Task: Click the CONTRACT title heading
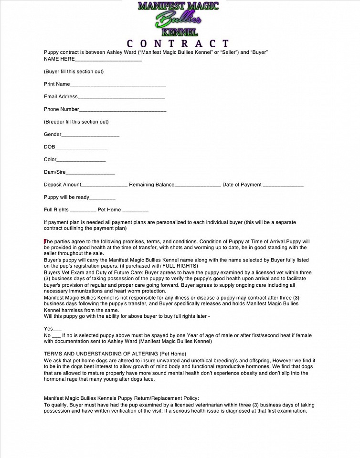point(178,43)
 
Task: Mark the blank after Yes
point(57,330)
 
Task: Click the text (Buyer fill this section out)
point(74,72)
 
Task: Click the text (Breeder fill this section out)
point(76,122)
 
